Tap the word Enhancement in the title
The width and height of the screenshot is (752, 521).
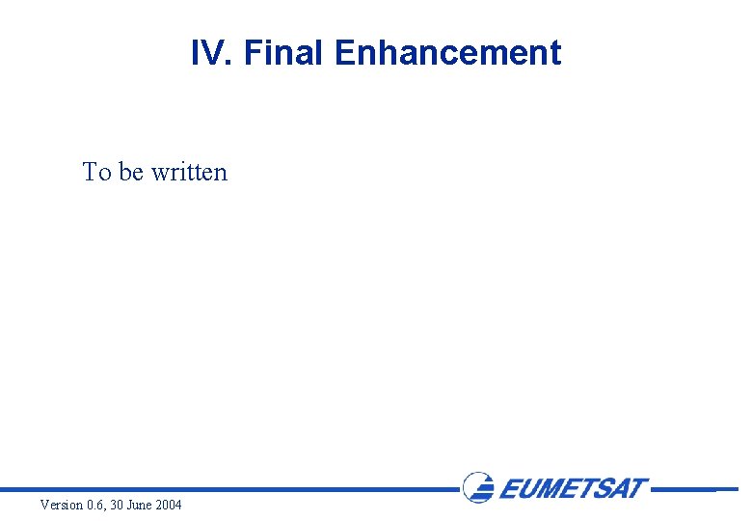[447, 53]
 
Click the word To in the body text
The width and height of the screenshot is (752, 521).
[97, 173]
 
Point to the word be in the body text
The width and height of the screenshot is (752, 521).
[131, 173]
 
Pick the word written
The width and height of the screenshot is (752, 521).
[189, 173]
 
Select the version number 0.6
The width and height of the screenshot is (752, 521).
[96, 506]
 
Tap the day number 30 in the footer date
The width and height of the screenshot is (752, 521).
[120, 506]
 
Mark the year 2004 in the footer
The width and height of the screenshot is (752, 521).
[169, 506]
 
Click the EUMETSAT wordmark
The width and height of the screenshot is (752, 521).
[574, 488]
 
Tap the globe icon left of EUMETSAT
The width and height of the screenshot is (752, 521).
[478, 487]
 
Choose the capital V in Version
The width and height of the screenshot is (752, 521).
[44, 506]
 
